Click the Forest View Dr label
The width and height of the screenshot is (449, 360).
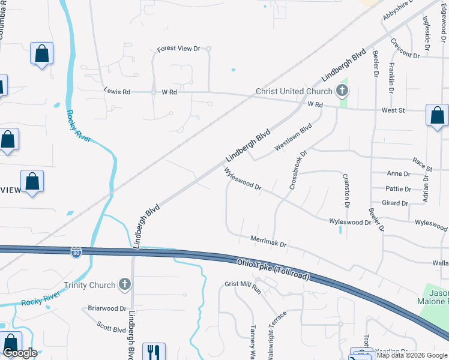pyautogui.click(x=178, y=49)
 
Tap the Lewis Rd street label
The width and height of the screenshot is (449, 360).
pyautogui.click(x=117, y=92)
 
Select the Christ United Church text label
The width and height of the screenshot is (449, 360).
pyautogui.click(x=294, y=92)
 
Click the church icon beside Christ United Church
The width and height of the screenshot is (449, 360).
pyautogui.click(x=342, y=92)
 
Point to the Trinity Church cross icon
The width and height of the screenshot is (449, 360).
pyautogui.click(x=125, y=285)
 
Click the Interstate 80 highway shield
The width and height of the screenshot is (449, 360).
pyautogui.click(x=76, y=253)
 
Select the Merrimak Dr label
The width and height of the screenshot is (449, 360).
pyautogui.click(x=269, y=242)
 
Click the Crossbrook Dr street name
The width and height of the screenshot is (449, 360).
pyautogui.click(x=298, y=170)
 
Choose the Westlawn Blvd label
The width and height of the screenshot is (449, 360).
pyautogui.click(x=294, y=137)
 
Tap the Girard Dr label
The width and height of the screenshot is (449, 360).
pyautogui.click(x=395, y=203)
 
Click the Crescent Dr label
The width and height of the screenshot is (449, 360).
pyautogui.click(x=405, y=48)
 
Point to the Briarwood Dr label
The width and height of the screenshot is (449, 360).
pyautogui.click(x=107, y=309)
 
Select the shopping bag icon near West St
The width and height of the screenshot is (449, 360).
pyautogui.click(x=437, y=115)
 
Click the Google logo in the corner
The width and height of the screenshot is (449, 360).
pyautogui.click(x=20, y=353)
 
